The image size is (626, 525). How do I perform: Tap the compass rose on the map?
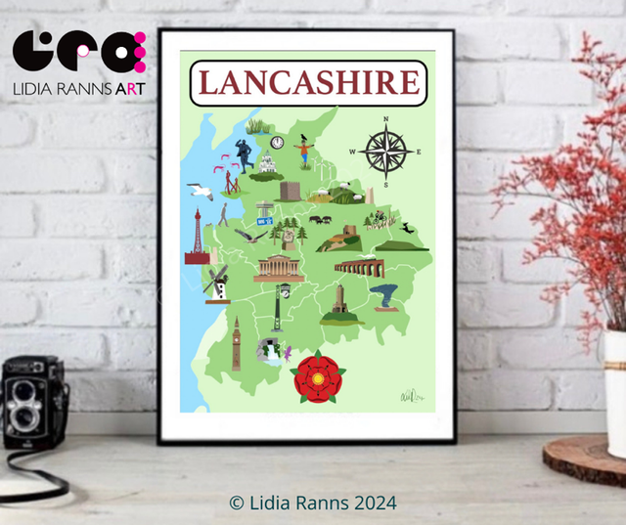384,152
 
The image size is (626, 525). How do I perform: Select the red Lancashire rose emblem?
318,376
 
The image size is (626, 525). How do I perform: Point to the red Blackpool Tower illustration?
198,240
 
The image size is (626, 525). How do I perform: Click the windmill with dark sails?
216,284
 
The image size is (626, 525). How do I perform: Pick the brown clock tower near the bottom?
236,343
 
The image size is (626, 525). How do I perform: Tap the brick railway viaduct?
359,268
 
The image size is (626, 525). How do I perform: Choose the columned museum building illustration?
276,268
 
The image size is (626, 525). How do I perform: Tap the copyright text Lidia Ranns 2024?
313,503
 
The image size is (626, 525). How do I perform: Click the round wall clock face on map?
277,143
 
